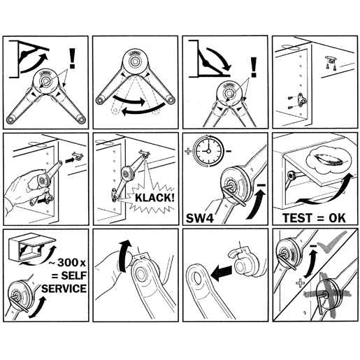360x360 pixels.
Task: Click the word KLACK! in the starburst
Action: click(154, 198)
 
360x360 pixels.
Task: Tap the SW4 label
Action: click(200, 218)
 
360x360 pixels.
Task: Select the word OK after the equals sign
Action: click(337, 218)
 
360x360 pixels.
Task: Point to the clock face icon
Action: click(208, 151)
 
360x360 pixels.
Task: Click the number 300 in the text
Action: click(68, 263)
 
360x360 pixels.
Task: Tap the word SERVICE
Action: click(64, 289)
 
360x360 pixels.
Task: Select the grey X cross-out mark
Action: click(326, 295)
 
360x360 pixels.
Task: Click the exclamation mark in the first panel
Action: click(72, 58)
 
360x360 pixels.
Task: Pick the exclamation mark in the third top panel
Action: click(254, 67)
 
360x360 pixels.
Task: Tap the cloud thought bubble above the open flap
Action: click(326, 161)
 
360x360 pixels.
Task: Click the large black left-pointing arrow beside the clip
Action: click(222, 273)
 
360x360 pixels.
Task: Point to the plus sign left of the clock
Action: click(188, 151)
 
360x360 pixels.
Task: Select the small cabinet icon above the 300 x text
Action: click(31, 247)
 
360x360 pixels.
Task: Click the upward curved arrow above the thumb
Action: click(124, 256)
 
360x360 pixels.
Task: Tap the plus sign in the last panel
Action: click(301, 283)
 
